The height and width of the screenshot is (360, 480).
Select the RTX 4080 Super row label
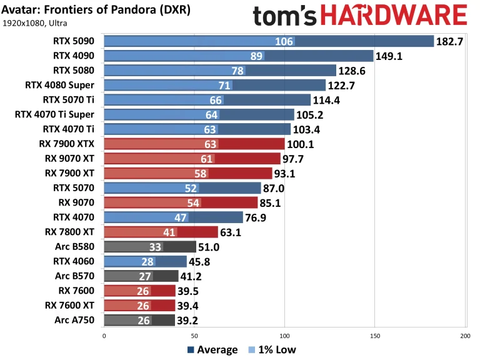pyautogui.click(x=60, y=85)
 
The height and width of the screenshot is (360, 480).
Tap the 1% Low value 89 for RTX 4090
pyautogui.click(x=255, y=56)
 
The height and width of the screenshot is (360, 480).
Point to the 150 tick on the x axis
pyautogui.click(x=375, y=336)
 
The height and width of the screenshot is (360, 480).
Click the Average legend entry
pyautogui.click(x=212, y=350)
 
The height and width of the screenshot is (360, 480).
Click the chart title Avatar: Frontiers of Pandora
pyautogui.click(x=97, y=11)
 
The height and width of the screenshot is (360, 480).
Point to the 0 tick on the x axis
pyautogui.click(x=104, y=336)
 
